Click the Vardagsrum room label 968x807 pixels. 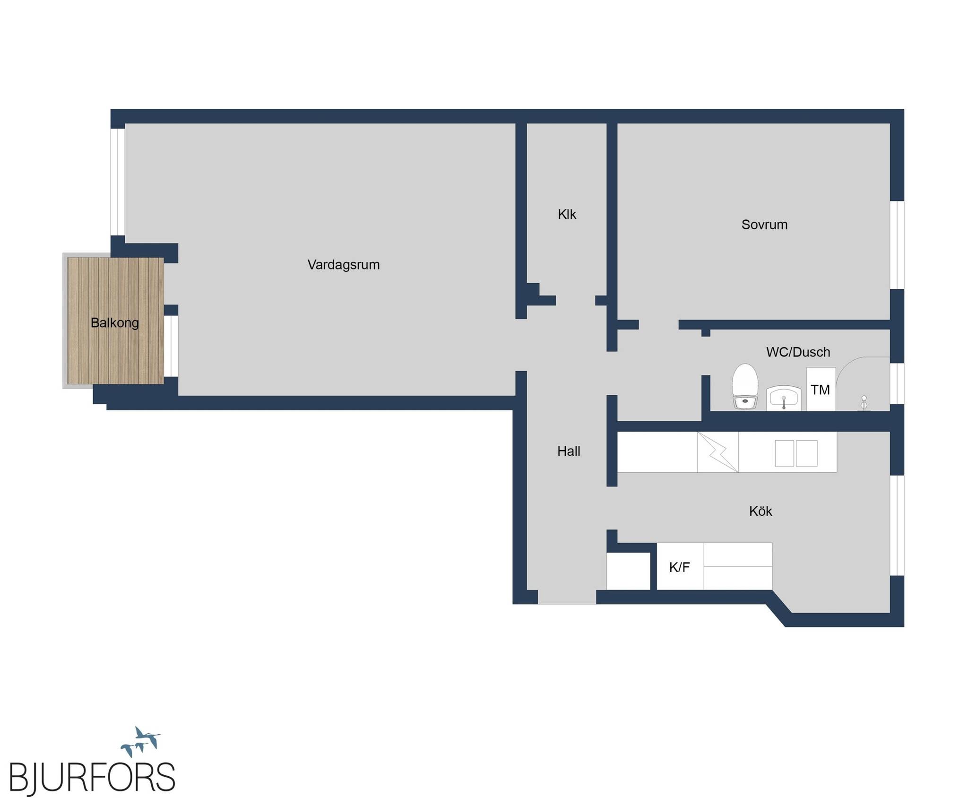[344, 265]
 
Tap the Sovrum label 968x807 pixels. [764, 225]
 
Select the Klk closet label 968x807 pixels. [567, 215]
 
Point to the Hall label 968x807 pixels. [569, 451]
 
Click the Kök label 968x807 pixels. [761, 511]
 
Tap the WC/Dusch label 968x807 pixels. [798, 352]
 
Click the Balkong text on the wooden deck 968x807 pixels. [115, 323]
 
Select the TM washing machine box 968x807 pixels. [821, 389]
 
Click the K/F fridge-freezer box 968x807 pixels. [680, 566]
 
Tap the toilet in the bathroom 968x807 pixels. [745, 386]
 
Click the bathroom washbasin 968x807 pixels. [784, 398]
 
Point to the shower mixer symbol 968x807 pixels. [864, 403]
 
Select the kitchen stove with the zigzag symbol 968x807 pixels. [717, 452]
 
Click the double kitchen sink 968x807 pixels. [796, 453]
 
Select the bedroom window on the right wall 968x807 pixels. [897, 245]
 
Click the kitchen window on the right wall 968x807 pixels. [897, 525]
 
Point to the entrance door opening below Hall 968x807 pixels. [567, 597]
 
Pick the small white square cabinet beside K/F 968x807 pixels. [629, 571]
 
